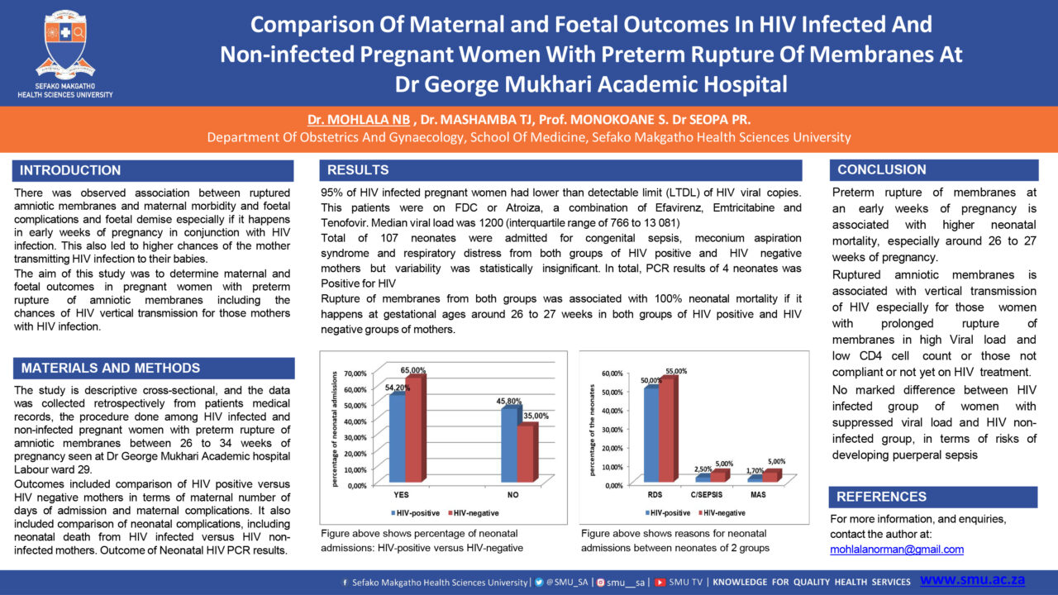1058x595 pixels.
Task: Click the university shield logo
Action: (65, 44)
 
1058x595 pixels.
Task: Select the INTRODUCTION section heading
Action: (70, 170)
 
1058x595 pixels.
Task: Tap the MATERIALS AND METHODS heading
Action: (111, 369)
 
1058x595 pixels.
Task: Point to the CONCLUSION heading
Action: (881, 170)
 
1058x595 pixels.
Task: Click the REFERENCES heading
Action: (881, 497)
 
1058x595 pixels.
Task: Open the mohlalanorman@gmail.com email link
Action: (897, 550)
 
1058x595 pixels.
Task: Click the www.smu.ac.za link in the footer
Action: (972, 579)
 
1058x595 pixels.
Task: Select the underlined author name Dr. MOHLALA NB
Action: (359, 120)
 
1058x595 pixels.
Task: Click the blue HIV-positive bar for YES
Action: (398, 437)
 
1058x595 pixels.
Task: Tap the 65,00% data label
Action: (412, 370)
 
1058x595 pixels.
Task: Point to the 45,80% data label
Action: (508, 402)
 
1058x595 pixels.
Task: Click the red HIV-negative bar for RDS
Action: (668, 429)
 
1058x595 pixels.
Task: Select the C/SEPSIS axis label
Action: (706, 495)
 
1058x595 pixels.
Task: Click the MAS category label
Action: (758, 495)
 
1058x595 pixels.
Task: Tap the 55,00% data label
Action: (676, 371)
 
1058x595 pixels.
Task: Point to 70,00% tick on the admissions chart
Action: (355, 374)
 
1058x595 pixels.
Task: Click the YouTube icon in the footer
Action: (660, 583)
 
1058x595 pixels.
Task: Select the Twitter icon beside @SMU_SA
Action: (539, 583)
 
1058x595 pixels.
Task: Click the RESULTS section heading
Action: (358, 170)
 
